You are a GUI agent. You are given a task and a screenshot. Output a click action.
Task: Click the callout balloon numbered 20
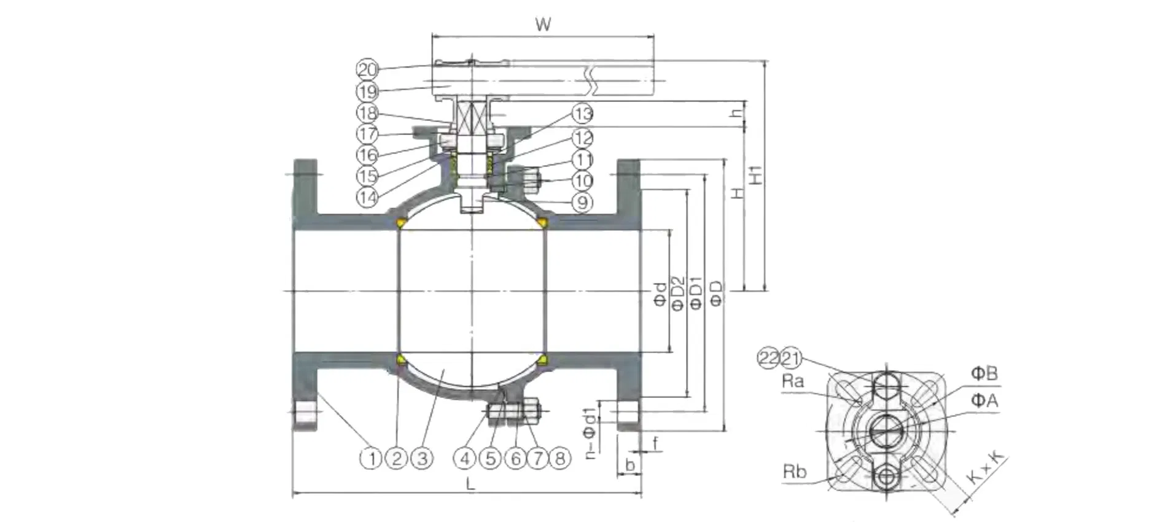tap(367, 69)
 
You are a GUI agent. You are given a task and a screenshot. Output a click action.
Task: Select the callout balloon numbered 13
tap(582, 114)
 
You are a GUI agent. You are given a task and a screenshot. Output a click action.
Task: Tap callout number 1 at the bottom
tap(372, 458)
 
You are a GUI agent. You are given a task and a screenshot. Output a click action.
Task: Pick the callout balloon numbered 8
tap(559, 458)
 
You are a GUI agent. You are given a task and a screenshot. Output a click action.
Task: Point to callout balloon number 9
tap(582, 202)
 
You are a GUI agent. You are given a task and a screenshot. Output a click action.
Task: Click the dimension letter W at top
tap(543, 25)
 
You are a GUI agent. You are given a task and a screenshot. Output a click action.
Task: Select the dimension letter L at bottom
tap(470, 484)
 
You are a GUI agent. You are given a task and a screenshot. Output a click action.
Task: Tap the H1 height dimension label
tap(757, 174)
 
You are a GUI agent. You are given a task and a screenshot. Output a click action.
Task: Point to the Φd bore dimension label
tap(660, 295)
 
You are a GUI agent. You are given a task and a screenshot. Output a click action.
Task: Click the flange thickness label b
tap(629, 466)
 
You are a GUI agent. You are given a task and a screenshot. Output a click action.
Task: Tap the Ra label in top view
tap(792, 381)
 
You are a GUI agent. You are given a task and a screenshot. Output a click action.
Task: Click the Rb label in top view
tap(794, 472)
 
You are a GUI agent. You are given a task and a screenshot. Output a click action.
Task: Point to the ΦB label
tap(984, 373)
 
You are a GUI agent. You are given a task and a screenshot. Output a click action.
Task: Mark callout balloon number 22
tap(768, 358)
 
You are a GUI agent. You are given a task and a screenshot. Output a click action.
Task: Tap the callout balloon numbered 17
tap(367, 133)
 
